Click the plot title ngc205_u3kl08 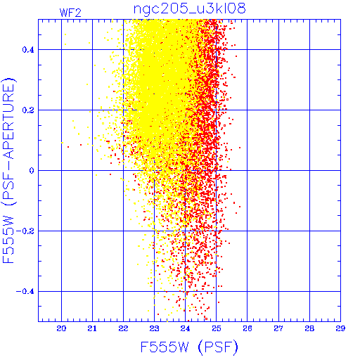(x=189, y=8)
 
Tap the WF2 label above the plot (x=70, y=13)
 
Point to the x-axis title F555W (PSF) (x=189, y=347)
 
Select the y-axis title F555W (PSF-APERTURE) (x=8, y=170)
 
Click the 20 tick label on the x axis (x=61, y=328)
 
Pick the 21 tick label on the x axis (x=92, y=328)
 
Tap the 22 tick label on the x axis (x=123, y=328)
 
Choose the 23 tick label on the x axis (x=154, y=328)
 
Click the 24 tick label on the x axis (x=185, y=328)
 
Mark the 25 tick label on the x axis (x=217, y=328)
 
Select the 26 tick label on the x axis (x=247, y=328)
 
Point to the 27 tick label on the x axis (x=278, y=328)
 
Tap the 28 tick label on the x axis (x=309, y=328)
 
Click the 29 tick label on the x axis (x=340, y=328)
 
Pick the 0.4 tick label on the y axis (x=28, y=50)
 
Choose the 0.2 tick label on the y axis (x=28, y=110)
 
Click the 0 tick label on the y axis (x=32, y=171)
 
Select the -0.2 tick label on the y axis (x=25, y=231)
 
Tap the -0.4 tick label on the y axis (x=25, y=292)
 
